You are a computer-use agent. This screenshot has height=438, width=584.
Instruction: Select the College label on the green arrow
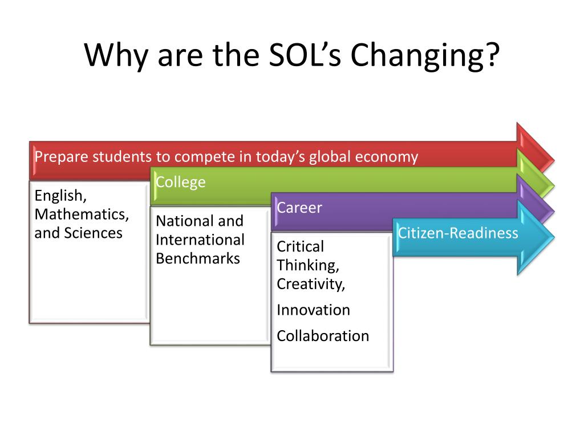181,182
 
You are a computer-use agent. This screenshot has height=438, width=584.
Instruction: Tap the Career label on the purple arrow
299,208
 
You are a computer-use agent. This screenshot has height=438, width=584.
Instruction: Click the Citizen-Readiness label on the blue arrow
458,233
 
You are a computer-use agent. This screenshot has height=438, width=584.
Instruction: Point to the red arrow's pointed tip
554,161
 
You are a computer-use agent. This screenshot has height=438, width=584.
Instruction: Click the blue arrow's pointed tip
554,238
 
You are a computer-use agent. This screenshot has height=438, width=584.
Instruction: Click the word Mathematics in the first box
82,214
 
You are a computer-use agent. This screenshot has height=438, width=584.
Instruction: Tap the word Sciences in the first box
93,233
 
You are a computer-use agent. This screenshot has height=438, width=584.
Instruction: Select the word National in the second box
184,221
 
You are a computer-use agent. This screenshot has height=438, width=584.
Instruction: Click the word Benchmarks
198,258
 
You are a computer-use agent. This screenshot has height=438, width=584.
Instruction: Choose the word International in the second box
200,240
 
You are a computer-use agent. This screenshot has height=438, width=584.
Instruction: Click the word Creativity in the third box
311,285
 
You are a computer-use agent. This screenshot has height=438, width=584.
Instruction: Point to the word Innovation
313,310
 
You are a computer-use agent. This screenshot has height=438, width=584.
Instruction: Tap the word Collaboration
323,336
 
